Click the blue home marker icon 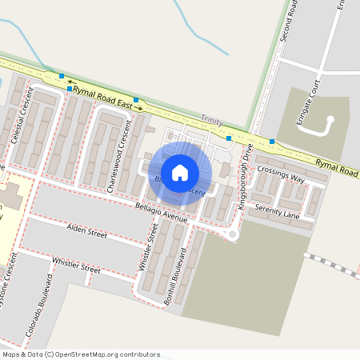point(180,172)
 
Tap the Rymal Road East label point(102,98)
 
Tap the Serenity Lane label point(277,211)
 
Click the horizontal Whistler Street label point(76,266)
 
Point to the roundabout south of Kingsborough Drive point(233,234)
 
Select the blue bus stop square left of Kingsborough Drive point(230,138)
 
